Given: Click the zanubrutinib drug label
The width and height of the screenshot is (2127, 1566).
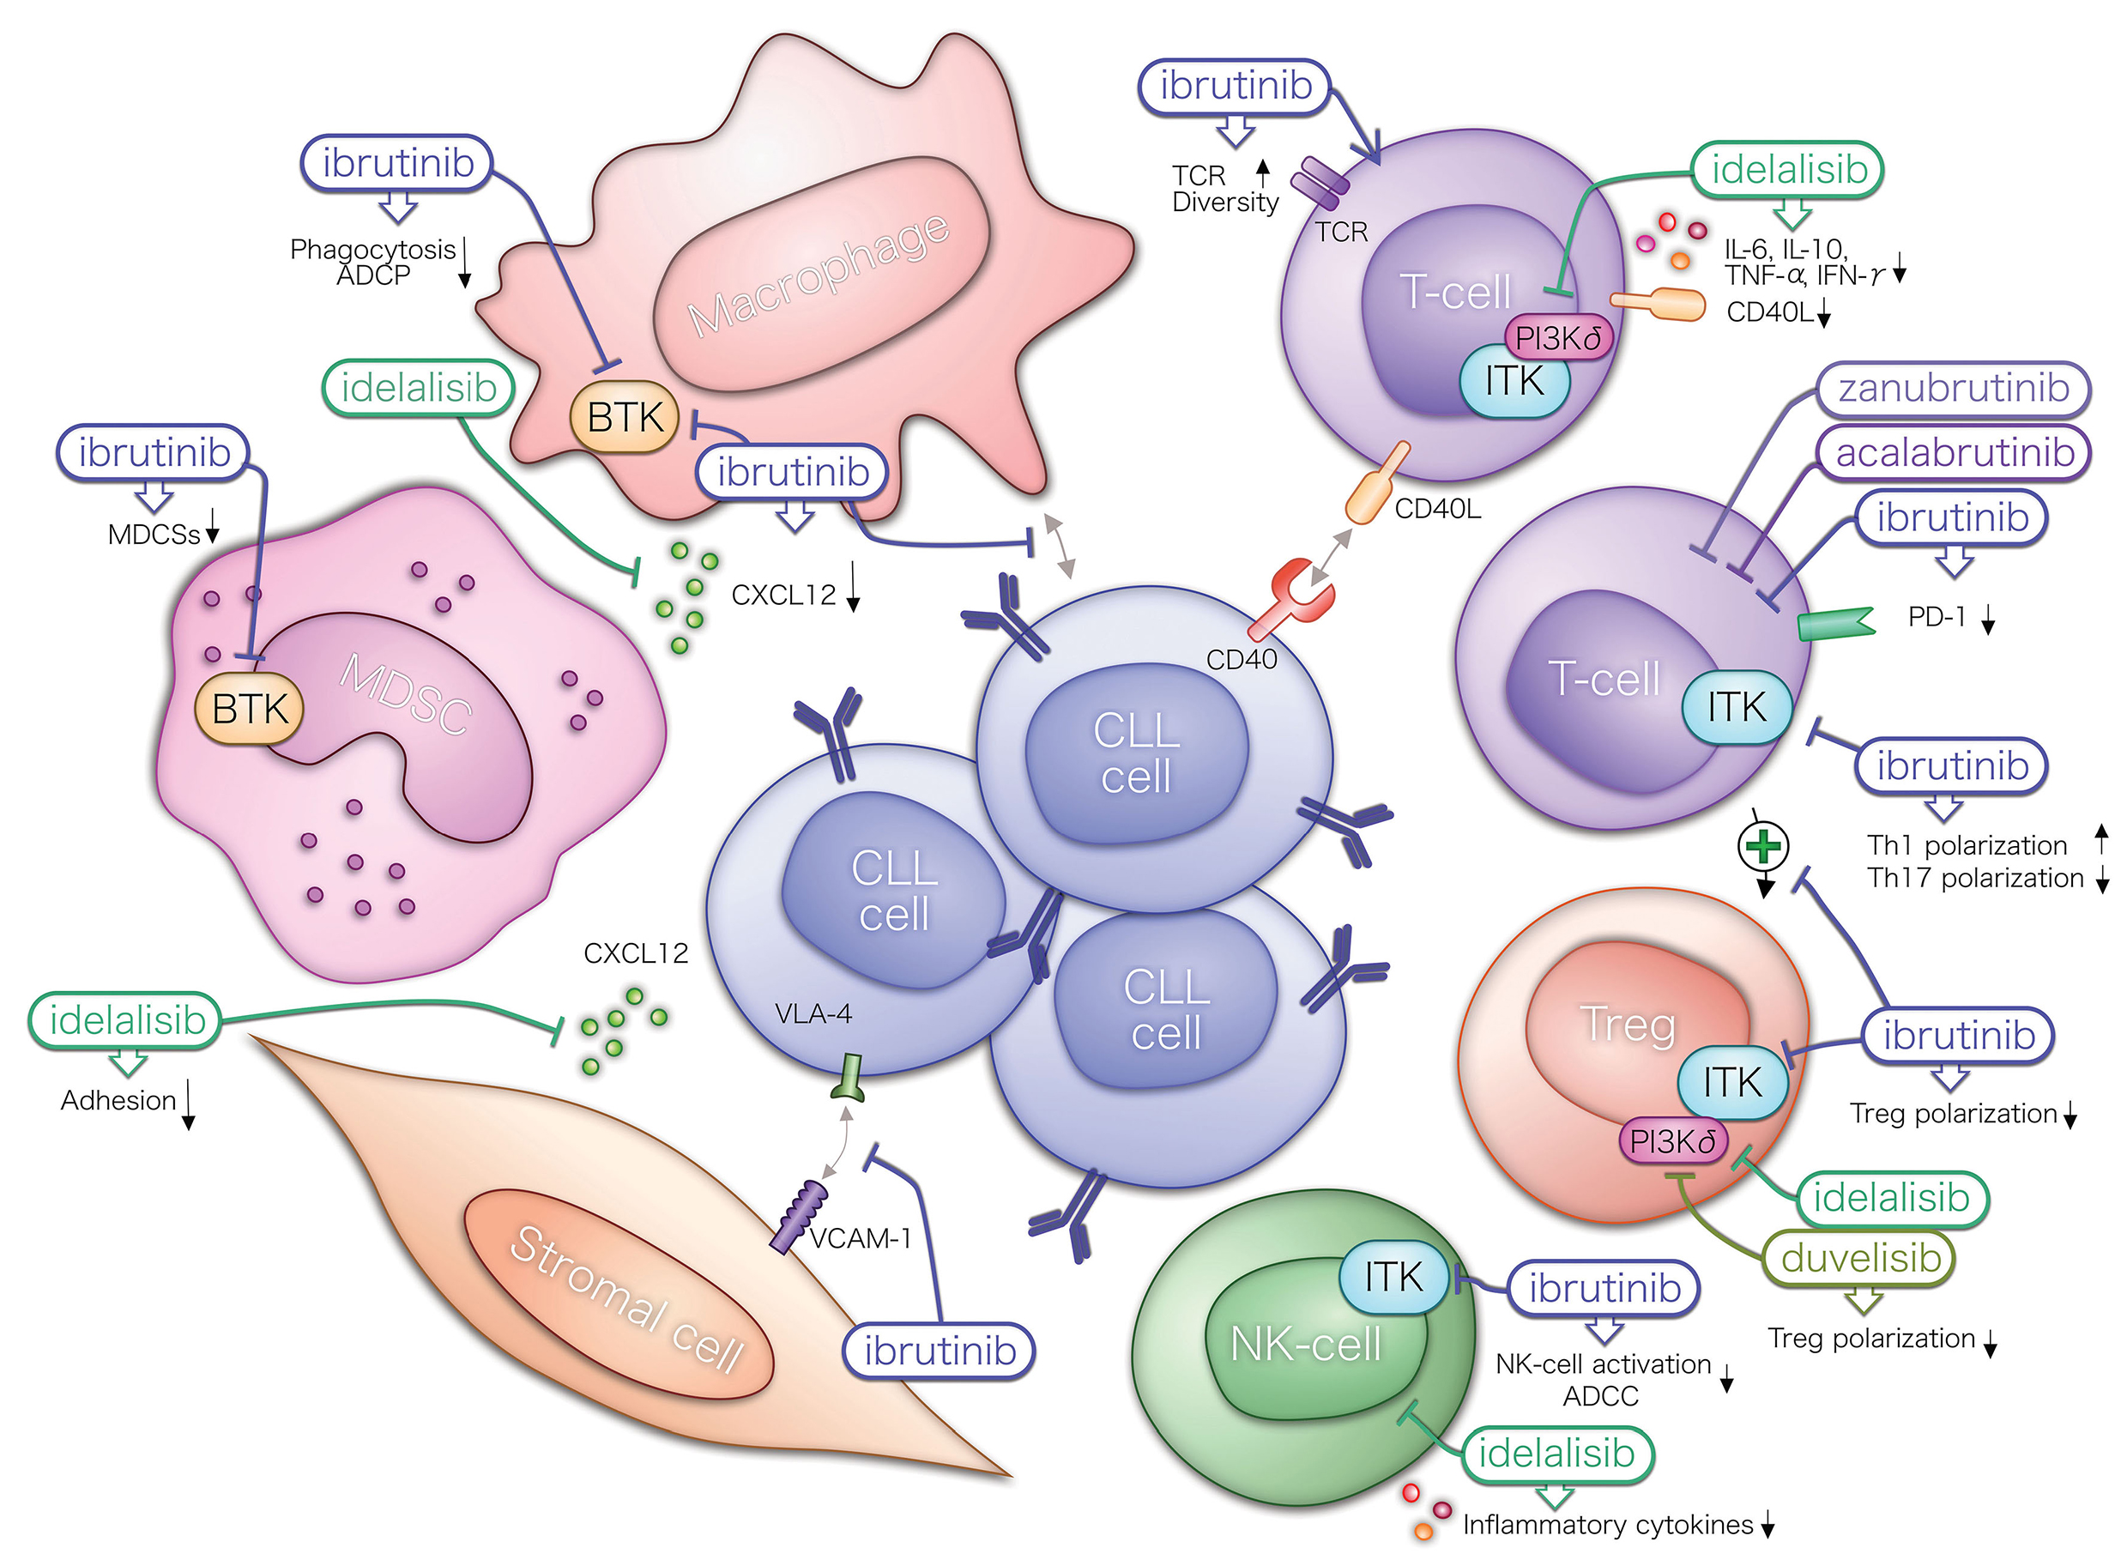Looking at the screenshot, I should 1953,389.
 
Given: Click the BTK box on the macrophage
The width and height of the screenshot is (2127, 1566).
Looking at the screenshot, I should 624,417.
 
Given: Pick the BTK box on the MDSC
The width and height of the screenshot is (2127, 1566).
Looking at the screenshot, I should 248,709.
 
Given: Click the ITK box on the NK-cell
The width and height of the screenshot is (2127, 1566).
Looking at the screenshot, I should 1393,1277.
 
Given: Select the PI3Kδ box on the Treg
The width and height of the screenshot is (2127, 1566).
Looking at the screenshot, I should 1673,1141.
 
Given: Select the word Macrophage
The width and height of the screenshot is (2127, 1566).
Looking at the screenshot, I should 817,275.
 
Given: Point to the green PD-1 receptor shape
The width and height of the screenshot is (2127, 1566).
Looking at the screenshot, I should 1835,624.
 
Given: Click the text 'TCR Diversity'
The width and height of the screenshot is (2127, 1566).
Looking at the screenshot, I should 1224,189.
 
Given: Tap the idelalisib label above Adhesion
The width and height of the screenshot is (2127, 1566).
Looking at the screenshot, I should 127,1021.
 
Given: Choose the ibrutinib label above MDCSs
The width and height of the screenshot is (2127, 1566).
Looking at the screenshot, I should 154,452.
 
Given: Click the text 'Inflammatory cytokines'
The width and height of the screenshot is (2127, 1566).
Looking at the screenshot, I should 1608,1524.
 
